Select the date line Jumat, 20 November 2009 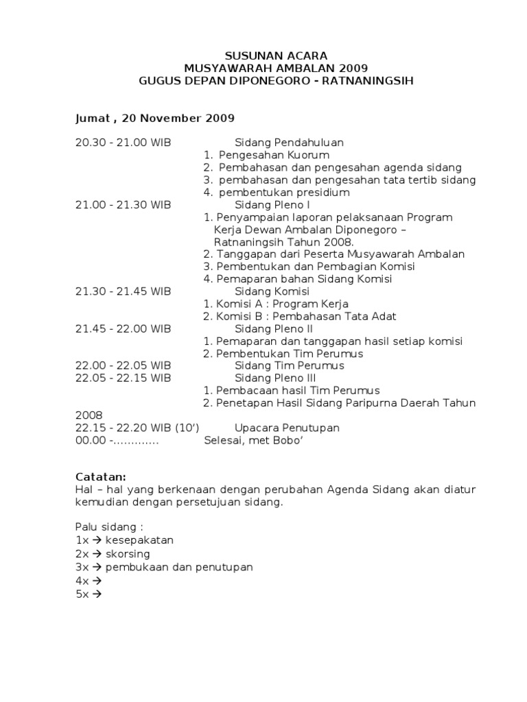point(155,118)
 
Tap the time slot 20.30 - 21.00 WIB point(123,143)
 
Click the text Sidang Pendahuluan point(289,143)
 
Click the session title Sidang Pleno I point(272,204)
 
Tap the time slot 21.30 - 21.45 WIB point(123,291)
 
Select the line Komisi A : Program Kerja point(276,304)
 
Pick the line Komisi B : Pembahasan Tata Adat point(300,316)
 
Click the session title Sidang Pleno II point(274,328)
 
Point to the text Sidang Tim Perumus point(289,365)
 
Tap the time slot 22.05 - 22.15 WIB point(123,378)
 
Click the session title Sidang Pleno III point(275,378)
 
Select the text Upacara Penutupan point(287,428)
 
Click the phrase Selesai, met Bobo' point(253,440)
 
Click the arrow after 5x point(97,594)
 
